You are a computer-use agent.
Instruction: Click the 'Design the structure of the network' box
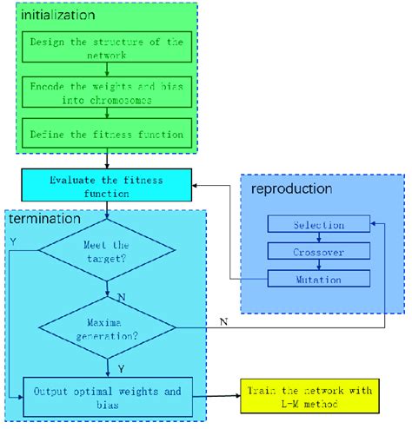tap(105, 48)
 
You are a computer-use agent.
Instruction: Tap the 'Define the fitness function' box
tap(105, 134)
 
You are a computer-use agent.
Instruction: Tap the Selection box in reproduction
tap(318, 225)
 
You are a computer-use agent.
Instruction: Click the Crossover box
tap(318, 252)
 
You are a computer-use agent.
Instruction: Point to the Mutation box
tap(318, 280)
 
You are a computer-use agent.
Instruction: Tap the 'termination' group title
tap(45, 220)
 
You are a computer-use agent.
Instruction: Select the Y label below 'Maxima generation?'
tap(120, 368)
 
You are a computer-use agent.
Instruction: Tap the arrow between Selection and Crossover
tap(318, 239)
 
